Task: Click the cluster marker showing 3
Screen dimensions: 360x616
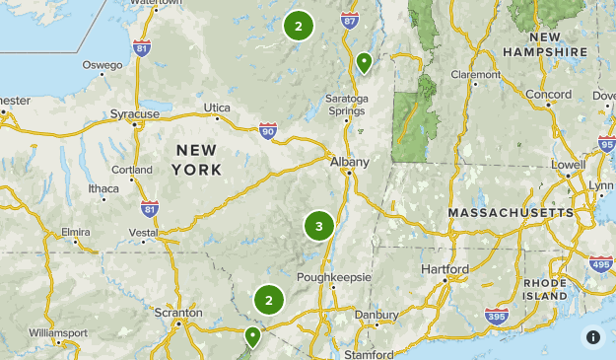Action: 318,227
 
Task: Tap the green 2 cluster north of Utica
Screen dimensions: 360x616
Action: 298,27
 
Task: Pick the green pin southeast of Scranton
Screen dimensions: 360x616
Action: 252,336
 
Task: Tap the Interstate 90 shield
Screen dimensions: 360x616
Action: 268,130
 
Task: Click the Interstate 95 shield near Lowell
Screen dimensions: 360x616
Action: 606,145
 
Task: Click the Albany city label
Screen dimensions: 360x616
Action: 350,162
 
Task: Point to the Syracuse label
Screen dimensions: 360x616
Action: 134,114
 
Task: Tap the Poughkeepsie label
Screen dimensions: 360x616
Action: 333,277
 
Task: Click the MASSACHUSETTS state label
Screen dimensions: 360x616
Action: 510,213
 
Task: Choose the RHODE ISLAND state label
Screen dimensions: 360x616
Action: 545,289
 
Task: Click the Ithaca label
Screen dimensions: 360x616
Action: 103,188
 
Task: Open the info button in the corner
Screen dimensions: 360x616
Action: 592,337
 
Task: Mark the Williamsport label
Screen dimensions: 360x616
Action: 58,333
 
